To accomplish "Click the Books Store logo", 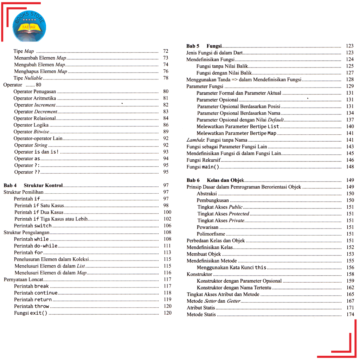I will point(29,25).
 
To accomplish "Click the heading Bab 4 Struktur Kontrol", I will point(33,185).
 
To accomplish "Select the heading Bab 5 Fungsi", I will point(204,46).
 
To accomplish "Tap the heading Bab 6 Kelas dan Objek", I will point(215,180).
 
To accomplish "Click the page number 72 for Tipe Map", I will point(166,51).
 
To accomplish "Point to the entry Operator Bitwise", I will point(31,132).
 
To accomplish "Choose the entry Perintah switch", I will point(33,226).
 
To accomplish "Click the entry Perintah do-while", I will point(36,246).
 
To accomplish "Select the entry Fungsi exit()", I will point(31,313).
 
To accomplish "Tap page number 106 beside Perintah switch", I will point(167,226).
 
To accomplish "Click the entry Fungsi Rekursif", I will point(206,160).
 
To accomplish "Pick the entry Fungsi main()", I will point(202,167).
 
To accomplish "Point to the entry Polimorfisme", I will point(211,234).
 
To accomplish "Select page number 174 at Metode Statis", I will point(350,314).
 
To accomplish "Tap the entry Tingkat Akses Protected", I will point(223,214).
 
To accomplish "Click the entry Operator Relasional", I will point(34,118).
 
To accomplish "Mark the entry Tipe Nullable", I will point(28,78).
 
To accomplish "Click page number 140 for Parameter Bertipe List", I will point(350,127).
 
